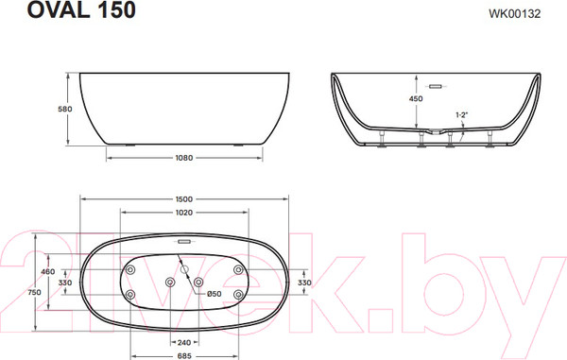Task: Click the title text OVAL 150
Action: tap(81, 9)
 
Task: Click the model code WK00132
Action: tap(515, 14)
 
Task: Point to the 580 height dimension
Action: tap(65, 109)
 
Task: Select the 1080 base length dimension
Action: tap(184, 158)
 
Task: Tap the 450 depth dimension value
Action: tap(416, 98)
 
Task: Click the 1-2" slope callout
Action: tap(461, 115)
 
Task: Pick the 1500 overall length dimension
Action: tap(184, 199)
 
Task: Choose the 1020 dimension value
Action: tap(184, 213)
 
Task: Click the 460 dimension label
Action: tap(48, 271)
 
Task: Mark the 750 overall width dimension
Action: tap(34, 292)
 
